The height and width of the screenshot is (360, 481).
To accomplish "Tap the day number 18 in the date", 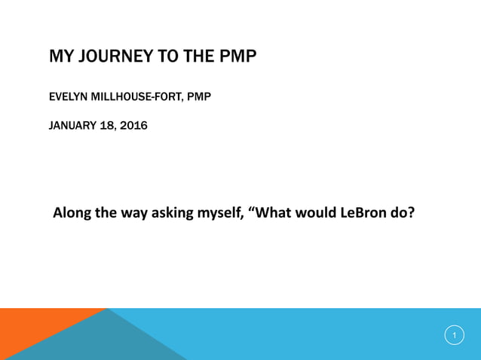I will (109, 125).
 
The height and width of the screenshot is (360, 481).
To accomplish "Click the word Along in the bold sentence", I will (72, 212).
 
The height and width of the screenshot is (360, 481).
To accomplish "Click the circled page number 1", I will (454, 335).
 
